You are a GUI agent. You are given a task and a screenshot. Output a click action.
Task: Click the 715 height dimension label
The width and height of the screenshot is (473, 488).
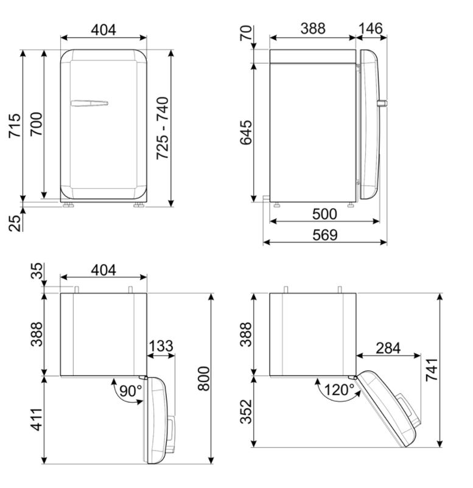(15, 125)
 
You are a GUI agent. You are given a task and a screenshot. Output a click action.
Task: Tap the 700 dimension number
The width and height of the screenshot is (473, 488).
(36, 124)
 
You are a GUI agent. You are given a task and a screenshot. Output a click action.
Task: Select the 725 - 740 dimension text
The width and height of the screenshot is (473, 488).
(163, 128)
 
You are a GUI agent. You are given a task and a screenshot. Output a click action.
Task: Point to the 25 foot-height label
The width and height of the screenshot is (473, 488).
(15, 223)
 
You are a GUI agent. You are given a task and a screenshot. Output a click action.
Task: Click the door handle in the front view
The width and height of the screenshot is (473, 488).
(89, 103)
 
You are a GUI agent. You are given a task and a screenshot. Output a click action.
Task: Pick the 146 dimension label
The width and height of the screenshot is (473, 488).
(371, 29)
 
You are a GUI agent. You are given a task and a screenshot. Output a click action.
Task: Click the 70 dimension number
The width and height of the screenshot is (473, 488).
(246, 33)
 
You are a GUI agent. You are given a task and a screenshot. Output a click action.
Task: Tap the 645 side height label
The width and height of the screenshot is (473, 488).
(246, 133)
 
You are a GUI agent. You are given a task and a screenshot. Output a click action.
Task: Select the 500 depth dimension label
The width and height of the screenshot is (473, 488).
(324, 214)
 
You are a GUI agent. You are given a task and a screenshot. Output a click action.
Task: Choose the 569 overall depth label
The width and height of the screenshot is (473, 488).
(325, 235)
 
